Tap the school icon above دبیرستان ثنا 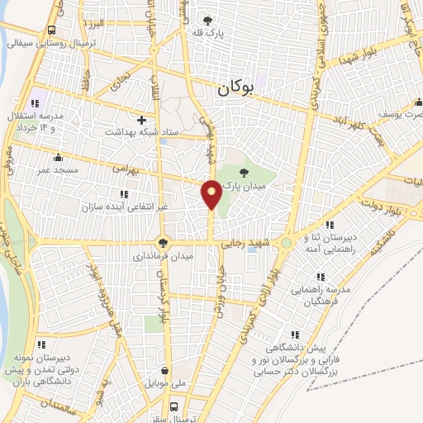click(x=329, y=224)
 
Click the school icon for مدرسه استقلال click(x=35, y=103)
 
